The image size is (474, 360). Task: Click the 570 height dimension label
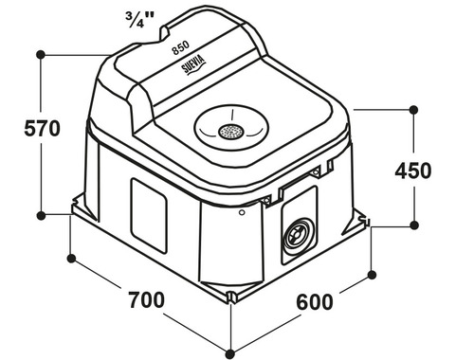pyautogui.click(x=42, y=129)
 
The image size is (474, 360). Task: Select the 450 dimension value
pyautogui.click(x=413, y=171)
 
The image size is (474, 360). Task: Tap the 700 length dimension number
pyautogui.click(x=146, y=299)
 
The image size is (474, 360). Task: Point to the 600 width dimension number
pyautogui.click(x=315, y=301)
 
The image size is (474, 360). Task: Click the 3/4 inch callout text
pyautogui.click(x=139, y=20)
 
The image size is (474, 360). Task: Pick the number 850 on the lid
pyautogui.click(x=180, y=48)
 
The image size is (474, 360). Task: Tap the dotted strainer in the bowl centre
pyautogui.click(x=231, y=132)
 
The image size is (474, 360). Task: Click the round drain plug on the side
pyautogui.click(x=299, y=236)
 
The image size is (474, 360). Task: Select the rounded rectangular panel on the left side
pyautogui.click(x=149, y=216)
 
